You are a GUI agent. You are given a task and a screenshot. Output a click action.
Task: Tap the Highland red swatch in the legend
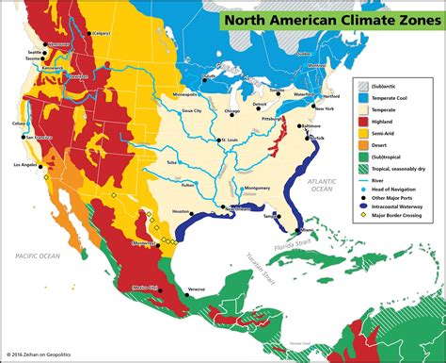pyautogui.click(x=362, y=121)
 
